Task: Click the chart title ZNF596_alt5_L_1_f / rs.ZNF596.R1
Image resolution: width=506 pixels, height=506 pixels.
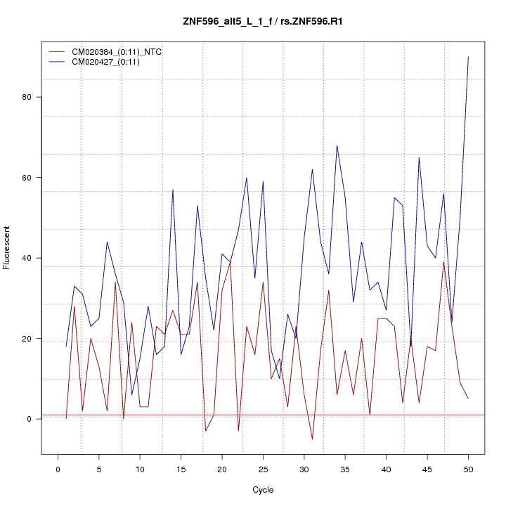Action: coord(262,22)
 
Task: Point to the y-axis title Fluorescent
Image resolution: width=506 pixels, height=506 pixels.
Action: coord(8,247)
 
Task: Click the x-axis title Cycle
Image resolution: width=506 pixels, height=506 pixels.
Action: coord(262,490)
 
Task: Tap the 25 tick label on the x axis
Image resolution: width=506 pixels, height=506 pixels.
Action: coord(263,469)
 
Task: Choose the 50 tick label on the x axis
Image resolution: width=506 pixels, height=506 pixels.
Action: coord(468,469)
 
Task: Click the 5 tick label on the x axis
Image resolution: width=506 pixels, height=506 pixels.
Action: coord(99,469)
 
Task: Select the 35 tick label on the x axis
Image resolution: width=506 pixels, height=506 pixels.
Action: coord(345,469)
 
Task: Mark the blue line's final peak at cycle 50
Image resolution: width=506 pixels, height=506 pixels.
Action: coord(468,57)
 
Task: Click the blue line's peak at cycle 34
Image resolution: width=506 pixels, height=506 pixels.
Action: coord(337,145)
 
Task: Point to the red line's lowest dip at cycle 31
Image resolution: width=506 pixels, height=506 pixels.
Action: coord(312,439)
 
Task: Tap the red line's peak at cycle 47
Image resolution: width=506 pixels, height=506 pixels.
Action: coord(443,262)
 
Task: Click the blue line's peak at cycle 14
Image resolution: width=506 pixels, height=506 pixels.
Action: coord(173,190)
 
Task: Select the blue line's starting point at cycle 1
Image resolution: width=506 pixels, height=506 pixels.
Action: coord(66,346)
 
